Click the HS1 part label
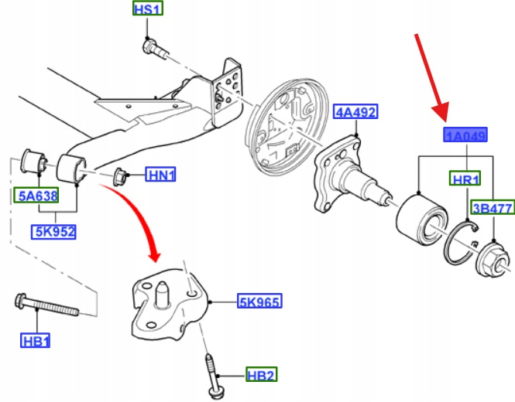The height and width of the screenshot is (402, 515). pyautogui.click(x=146, y=10)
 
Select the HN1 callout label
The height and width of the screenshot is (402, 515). pyautogui.click(x=161, y=175)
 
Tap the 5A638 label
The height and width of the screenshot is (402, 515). pyautogui.click(x=36, y=196)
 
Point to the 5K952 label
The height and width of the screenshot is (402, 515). pyautogui.click(x=54, y=230)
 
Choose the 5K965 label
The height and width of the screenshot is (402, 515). pyautogui.click(x=259, y=301)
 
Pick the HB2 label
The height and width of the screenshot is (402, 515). pyautogui.click(x=261, y=375)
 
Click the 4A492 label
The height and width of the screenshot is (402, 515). pyautogui.click(x=355, y=113)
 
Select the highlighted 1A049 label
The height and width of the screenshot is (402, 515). pyautogui.click(x=465, y=137)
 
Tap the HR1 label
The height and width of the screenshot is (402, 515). pyautogui.click(x=466, y=179)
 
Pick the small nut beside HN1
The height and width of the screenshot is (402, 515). pyautogui.click(x=121, y=175)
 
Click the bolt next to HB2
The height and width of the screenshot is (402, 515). pyautogui.click(x=211, y=371)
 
